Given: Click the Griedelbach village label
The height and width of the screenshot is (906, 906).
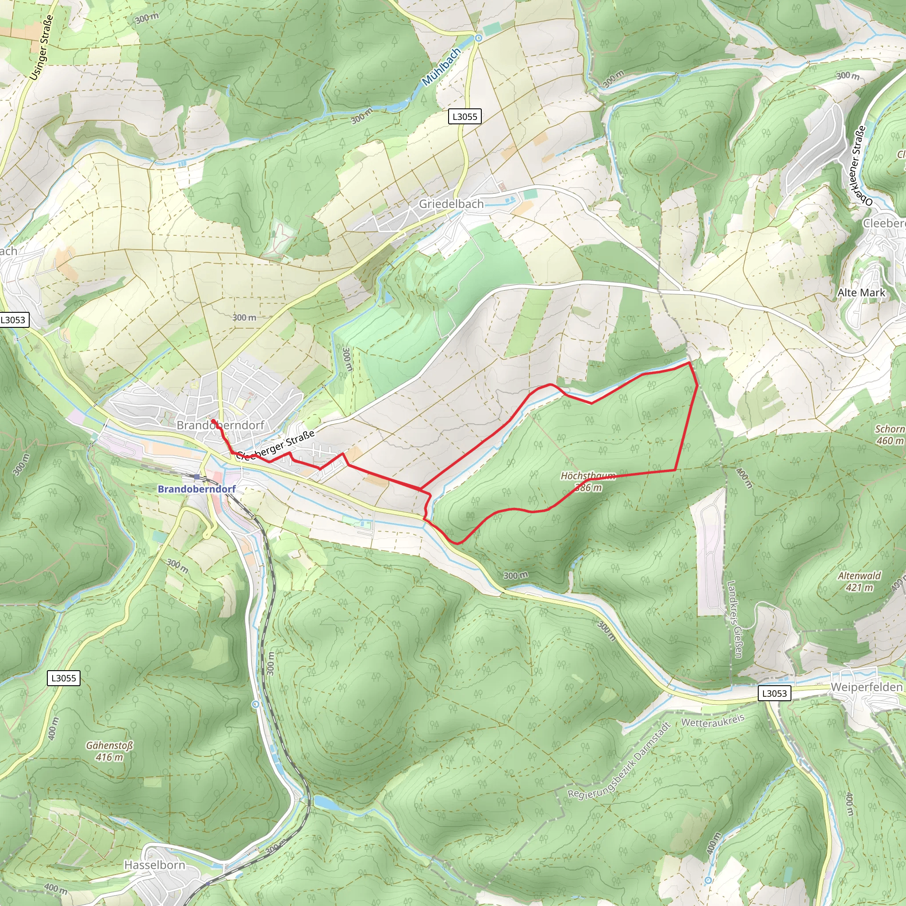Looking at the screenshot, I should point(451,204).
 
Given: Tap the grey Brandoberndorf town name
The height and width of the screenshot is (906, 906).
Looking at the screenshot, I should point(220,425).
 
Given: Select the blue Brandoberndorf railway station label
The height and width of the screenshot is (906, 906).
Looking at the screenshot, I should point(196,489).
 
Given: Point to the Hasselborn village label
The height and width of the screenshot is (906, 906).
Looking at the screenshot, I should point(154,865).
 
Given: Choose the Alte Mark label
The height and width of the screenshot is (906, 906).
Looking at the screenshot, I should point(861,292).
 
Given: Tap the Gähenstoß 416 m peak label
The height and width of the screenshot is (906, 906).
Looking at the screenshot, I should point(109,751).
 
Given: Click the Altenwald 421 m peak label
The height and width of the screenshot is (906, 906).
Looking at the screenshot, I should point(859,581).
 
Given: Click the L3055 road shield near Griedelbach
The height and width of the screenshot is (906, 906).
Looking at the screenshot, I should point(464,117).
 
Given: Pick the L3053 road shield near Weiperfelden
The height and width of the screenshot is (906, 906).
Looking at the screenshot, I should point(774,694).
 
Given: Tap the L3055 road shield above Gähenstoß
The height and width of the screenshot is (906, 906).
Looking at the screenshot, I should point(63,678).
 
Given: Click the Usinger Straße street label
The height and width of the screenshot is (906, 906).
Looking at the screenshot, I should point(42,47).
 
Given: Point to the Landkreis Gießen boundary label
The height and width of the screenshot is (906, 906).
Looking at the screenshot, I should point(734,619).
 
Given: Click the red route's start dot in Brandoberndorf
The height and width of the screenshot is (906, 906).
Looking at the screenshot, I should point(213,421).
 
